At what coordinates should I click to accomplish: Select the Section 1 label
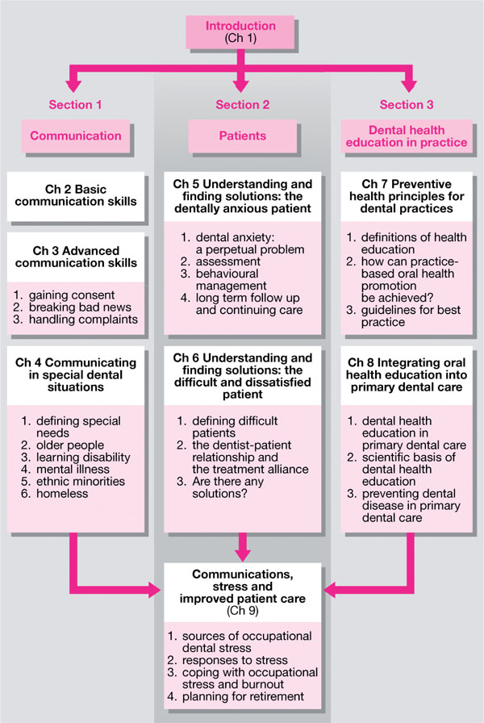(x=75, y=105)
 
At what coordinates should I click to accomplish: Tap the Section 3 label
(x=407, y=105)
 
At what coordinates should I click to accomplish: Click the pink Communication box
(x=75, y=136)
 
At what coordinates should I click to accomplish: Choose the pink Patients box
(x=241, y=136)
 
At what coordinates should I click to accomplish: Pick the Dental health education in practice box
(x=407, y=136)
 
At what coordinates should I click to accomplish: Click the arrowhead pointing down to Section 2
(x=241, y=85)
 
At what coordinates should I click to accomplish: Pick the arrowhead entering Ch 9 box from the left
(x=155, y=594)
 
